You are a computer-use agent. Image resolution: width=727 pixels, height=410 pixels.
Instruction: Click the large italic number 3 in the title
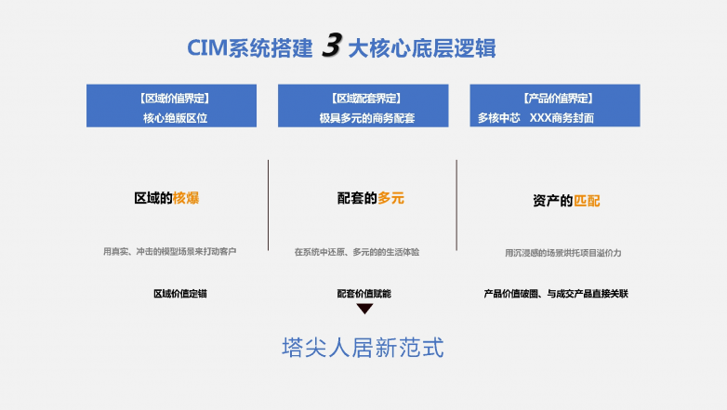pyautogui.click(x=332, y=45)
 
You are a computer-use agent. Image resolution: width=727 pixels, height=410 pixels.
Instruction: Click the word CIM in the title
pyautogui.click(x=207, y=48)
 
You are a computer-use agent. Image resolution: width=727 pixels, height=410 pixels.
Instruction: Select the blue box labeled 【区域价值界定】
pyautogui.click(x=172, y=106)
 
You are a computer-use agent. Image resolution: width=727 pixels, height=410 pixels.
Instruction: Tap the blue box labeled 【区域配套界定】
pyautogui.click(x=363, y=106)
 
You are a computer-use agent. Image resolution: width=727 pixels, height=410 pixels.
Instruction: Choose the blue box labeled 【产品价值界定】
pyautogui.click(x=555, y=106)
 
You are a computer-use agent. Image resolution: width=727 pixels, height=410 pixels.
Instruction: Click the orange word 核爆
pyautogui.click(x=186, y=198)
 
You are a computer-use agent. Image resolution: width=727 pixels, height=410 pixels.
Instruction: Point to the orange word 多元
pyautogui.click(x=390, y=198)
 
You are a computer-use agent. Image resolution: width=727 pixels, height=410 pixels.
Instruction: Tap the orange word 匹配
pyautogui.click(x=587, y=201)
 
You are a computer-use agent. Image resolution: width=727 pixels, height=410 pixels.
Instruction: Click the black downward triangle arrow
pyautogui.click(x=364, y=309)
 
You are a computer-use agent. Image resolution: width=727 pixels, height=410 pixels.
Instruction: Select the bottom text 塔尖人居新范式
pyautogui.click(x=363, y=348)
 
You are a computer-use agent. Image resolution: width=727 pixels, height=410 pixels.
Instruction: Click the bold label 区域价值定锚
pyautogui.click(x=180, y=294)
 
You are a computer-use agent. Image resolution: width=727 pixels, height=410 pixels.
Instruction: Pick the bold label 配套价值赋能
pyautogui.click(x=363, y=294)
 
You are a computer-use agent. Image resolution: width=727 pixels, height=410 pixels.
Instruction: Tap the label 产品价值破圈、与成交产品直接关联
pyautogui.click(x=556, y=294)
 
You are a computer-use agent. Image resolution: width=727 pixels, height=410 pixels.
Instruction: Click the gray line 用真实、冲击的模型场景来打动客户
pyautogui.click(x=170, y=251)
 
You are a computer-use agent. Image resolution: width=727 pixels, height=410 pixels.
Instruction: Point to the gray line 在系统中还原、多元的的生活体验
pyautogui.click(x=357, y=252)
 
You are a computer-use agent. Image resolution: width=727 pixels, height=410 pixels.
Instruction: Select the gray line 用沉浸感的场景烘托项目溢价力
pyautogui.click(x=562, y=253)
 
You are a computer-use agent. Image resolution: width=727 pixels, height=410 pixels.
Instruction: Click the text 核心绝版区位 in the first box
pyautogui.click(x=176, y=118)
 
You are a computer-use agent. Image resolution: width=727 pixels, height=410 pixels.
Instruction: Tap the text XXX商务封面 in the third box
pyautogui.click(x=562, y=118)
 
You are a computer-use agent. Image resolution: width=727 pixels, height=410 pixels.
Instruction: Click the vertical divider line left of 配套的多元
pyautogui.click(x=268, y=205)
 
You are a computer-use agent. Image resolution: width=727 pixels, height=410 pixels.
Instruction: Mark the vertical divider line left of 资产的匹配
pyautogui.click(x=456, y=205)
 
